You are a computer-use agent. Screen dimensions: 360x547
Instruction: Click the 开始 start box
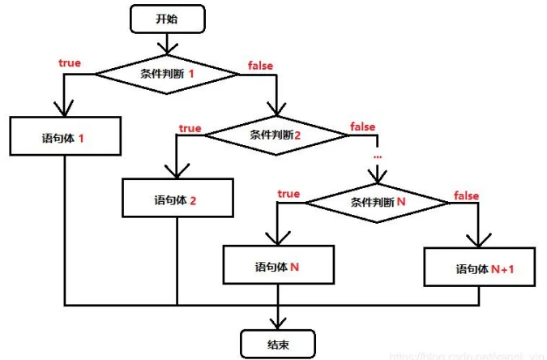[x=167, y=19]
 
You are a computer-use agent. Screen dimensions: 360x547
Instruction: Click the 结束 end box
[x=278, y=344]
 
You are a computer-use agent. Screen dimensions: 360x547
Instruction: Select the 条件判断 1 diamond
[x=169, y=74]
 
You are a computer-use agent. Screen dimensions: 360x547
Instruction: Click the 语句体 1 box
[x=64, y=137]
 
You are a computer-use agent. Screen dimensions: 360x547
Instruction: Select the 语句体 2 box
[x=176, y=199]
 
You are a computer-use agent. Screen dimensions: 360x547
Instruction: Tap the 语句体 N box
[x=278, y=266]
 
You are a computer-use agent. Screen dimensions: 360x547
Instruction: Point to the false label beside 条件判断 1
[x=261, y=66]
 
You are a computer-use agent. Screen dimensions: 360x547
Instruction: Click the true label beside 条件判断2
[x=190, y=127]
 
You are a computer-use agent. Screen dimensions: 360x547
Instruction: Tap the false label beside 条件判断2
[x=362, y=126]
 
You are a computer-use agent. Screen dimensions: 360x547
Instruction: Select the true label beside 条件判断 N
[x=288, y=194]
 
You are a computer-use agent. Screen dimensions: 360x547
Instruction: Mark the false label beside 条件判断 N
[x=466, y=195]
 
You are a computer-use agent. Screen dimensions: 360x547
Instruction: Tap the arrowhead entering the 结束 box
[x=278, y=321]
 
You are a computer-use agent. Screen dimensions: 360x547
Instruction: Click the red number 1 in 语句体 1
[x=82, y=138]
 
